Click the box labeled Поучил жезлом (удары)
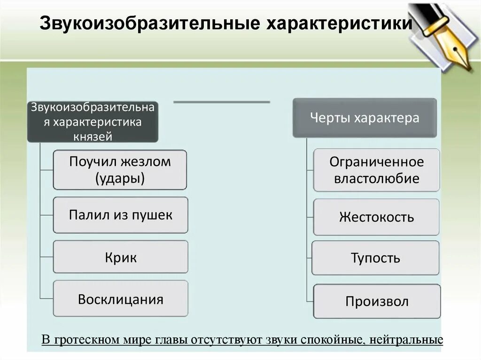pos(120,170)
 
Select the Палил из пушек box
pos(120,215)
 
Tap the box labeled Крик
pos(120,257)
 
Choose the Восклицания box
pos(120,299)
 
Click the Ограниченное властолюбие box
pos(376,170)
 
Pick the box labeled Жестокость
pos(376,217)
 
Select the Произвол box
pos(377,301)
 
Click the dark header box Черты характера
pos(365,118)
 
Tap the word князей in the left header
pos(93,136)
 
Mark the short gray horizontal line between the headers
pos(222,101)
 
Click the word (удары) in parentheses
pos(120,178)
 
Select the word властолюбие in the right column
pos(376,178)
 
